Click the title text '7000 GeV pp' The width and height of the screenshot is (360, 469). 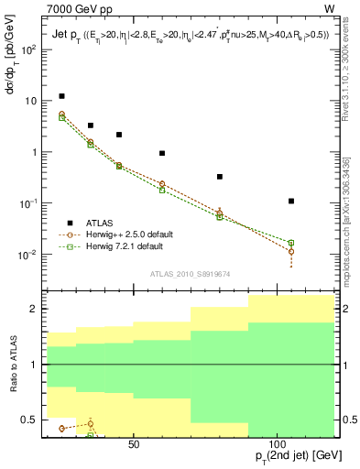point(76,8)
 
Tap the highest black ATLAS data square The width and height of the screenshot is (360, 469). point(61,96)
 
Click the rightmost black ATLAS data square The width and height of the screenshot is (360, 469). point(291,201)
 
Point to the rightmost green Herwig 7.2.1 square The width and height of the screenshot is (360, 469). point(291,243)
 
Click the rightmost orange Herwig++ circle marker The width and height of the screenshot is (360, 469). point(291,251)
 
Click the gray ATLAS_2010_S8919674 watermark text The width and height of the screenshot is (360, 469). point(191,273)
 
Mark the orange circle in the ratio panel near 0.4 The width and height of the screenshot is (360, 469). point(61,429)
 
